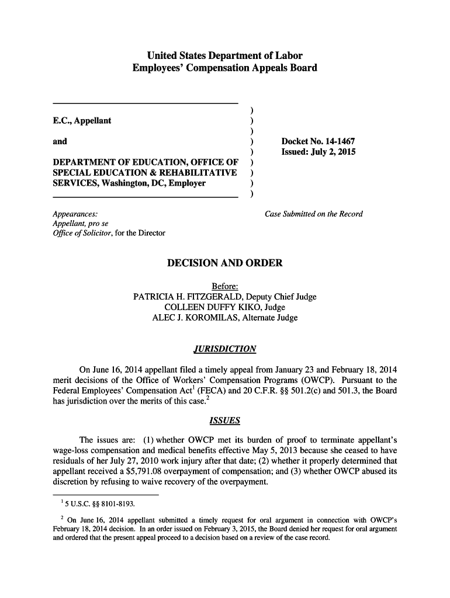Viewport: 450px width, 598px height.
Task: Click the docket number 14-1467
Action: tap(337, 141)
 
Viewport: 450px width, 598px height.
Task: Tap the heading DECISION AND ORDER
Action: tap(225, 263)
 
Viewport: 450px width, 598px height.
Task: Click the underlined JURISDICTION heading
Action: tap(224, 349)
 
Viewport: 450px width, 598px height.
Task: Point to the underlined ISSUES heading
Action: tap(224, 420)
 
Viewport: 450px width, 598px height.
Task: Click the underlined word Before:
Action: tap(225, 286)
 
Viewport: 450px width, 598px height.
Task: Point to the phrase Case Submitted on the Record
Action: tap(314, 214)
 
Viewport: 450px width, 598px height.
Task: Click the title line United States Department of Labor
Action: tap(225, 56)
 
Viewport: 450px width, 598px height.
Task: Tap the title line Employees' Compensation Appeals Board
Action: tap(225, 68)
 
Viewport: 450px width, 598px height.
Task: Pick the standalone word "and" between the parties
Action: tap(60, 141)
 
